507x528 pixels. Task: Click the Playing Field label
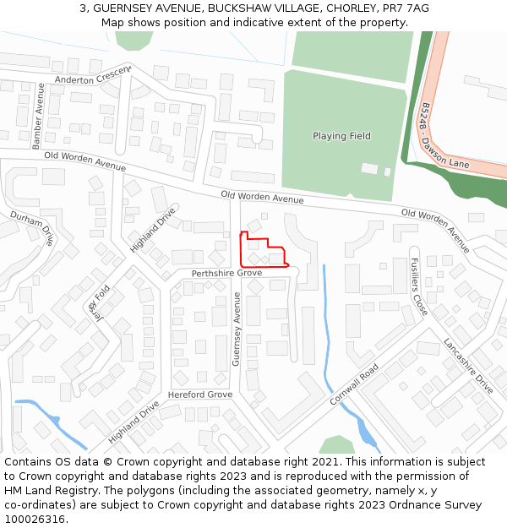point(341,136)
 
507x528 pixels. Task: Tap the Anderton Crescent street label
point(94,75)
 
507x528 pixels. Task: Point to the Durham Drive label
point(32,228)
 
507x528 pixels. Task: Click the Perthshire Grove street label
point(226,274)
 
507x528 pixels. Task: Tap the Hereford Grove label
point(200,395)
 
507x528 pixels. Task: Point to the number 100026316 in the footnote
point(35,520)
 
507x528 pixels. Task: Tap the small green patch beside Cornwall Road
point(337,444)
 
